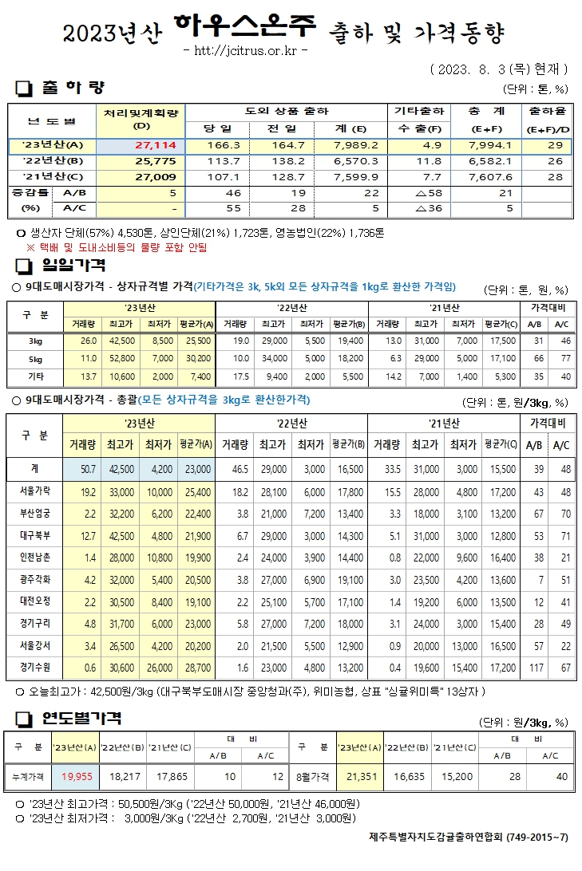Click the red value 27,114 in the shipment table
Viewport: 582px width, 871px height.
(x=160, y=146)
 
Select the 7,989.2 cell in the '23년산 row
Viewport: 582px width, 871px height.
(x=345, y=146)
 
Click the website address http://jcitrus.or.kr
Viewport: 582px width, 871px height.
(x=246, y=51)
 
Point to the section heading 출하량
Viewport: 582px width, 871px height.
(x=72, y=87)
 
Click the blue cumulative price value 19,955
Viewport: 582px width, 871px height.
(x=77, y=774)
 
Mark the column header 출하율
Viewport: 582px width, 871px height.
(x=547, y=111)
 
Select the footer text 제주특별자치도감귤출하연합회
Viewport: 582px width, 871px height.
(x=437, y=837)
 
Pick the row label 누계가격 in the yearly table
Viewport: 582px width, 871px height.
(x=29, y=774)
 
